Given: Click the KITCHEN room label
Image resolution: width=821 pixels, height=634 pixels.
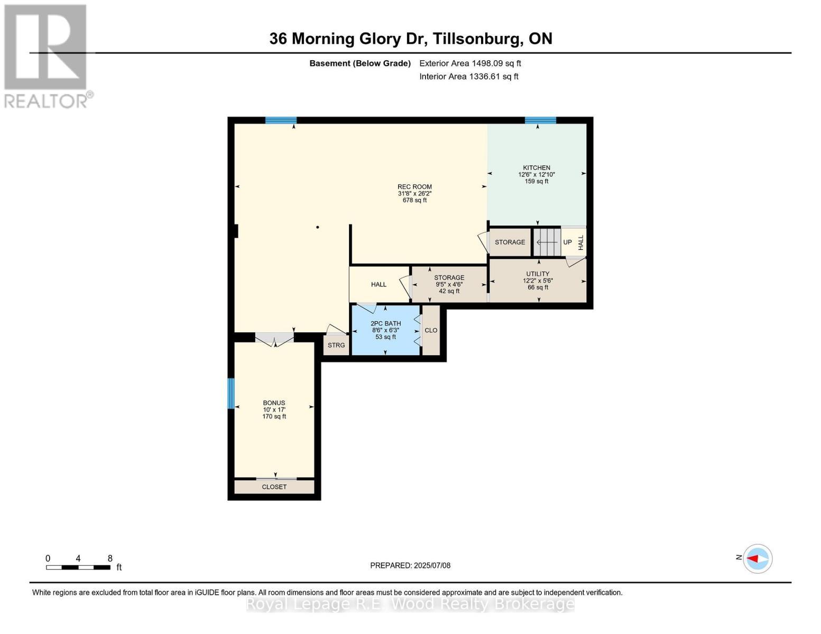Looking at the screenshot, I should (x=537, y=168).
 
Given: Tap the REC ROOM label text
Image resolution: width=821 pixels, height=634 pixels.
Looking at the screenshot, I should (x=414, y=187).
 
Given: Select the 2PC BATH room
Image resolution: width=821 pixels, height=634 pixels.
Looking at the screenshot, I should (x=385, y=330).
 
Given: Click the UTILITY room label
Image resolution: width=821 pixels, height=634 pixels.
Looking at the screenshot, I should (x=538, y=274).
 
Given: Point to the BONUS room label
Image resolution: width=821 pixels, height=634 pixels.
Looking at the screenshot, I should (x=274, y=403).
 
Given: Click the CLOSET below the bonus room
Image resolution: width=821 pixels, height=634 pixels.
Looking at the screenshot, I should (x=274, y=487).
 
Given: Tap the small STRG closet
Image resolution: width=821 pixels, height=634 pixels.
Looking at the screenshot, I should (x=336, y=346).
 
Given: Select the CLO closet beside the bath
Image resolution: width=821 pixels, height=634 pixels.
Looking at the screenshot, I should (x=431, y=330).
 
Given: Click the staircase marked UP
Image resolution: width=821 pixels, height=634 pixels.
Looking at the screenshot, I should (x=547, y=243).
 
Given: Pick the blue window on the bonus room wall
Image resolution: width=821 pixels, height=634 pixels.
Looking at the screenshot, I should (x=231, y=394).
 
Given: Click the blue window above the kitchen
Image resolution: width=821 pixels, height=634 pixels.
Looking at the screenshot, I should (x=540, y=120).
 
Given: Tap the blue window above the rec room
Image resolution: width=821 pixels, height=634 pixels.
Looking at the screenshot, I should (x=281, y=120).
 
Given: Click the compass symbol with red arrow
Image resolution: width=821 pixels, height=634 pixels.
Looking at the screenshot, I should (x=758, y=558).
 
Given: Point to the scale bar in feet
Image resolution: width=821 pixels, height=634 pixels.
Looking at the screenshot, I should (x=78, y=567).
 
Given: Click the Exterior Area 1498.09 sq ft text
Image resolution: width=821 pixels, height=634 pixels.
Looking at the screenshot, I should (x=470, y=63).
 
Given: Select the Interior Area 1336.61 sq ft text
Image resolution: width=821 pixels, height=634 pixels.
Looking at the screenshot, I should (x=469, y=77).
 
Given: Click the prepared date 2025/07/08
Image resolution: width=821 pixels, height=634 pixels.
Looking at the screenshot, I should (x=410, y=565).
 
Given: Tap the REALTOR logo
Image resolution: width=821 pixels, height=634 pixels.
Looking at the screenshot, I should (x=47, y=55).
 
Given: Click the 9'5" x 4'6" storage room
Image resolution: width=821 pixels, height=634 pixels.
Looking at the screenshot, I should (x=449, y=284).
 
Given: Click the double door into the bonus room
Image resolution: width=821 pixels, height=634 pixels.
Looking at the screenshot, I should (x=274, y=339).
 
